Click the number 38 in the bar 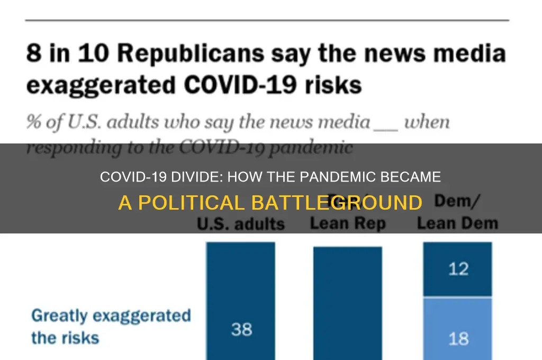[241, 329]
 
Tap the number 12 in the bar [458, 269]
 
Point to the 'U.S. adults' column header [240, 224]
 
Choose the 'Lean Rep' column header [347, 223]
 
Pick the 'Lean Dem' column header [457, 223]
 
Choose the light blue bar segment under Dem [458, 328]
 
